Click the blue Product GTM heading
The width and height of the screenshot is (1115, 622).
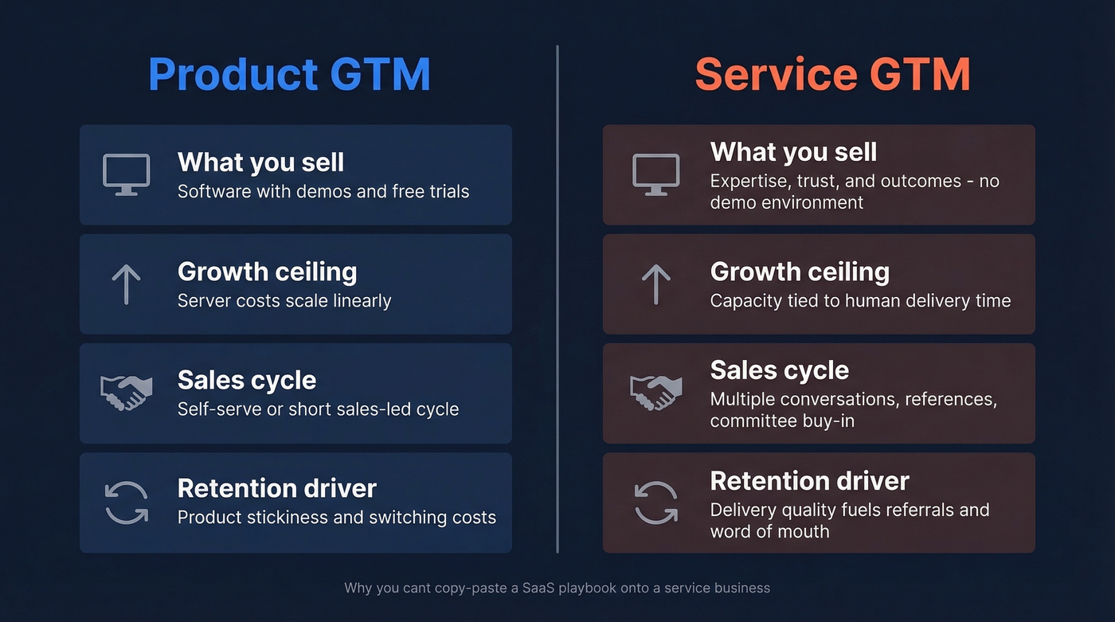tap(289, 74)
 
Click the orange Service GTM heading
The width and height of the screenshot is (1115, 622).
tap(832, 74)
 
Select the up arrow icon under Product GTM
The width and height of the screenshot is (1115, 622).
tap(126, 284)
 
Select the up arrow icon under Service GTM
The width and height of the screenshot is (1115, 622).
tap(655, 284)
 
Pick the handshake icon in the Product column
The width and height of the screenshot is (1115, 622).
tap(126, 393)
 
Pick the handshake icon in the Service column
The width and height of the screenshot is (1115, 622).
tap(655, 393)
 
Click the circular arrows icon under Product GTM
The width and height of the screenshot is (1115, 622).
tap(126, 503)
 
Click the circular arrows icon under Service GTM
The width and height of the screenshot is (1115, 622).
tap(655, 503)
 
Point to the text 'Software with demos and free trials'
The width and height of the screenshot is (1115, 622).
tap(323, 192)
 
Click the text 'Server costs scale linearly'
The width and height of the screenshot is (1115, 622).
tap(284, 301)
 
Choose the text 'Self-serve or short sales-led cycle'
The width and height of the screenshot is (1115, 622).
tap(318, 409)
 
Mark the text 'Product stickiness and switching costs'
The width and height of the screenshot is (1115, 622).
tap(337, 518)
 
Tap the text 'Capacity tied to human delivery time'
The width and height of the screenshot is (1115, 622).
tap(860, 301)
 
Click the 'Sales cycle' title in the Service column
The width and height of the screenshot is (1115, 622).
tap(779, 370)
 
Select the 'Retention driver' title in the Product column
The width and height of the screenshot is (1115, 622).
tap(276, 488)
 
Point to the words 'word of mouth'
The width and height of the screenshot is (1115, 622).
tap(769, 531)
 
